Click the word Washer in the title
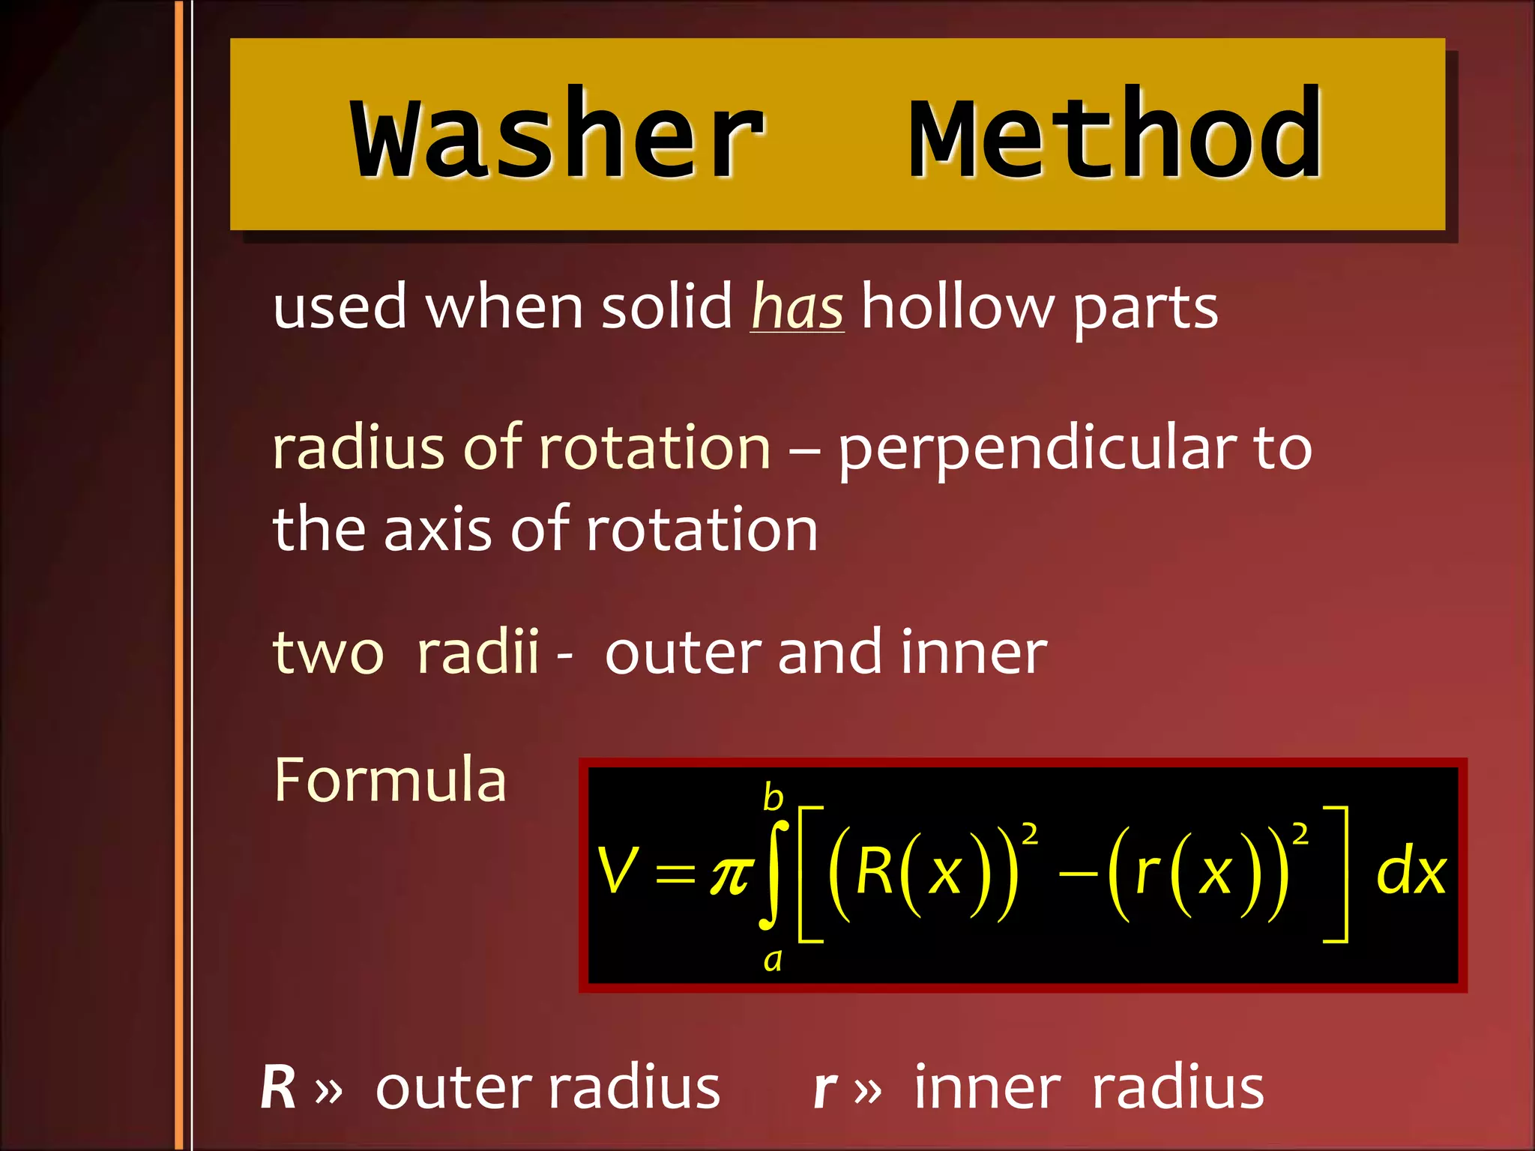pyautogui.click(x=558, y=135)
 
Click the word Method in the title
pyautogui.click(x=1116, y=135)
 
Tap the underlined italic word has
pyautogui.click(x=797, y=307)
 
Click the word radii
pyautogui.click(x=477, y=652)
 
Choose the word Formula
pyautogui.click(x=390, y=780)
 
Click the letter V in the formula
pyautogui.click(x=618, y=871)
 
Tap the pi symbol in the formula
pyautogui.click(x=731, y=874)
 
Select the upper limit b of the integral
pyautogui.click(x=773, y=797)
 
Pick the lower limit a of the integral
pyautogui.click(x=773, y=960)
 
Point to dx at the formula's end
pyautogui.click(x=1411, y=872)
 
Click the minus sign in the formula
pyautogui.click(x=1079, y=874)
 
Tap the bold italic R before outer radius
pyautogui.click(x=278, y=1087)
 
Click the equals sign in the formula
pyautogui.click(x=675, y=874)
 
